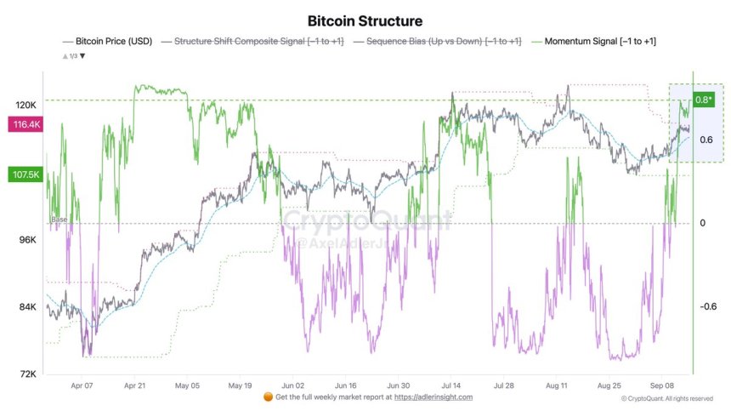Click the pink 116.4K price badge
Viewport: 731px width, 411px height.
pos(25,125)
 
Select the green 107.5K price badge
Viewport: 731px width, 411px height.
pos(25,175)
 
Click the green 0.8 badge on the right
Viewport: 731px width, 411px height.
pos(704,100)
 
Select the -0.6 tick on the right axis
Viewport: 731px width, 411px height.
pos(707,307)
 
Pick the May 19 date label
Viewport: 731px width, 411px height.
pos(241,385)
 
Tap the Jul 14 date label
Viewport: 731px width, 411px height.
pos(453,385)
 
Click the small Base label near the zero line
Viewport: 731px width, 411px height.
pos(59,220)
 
